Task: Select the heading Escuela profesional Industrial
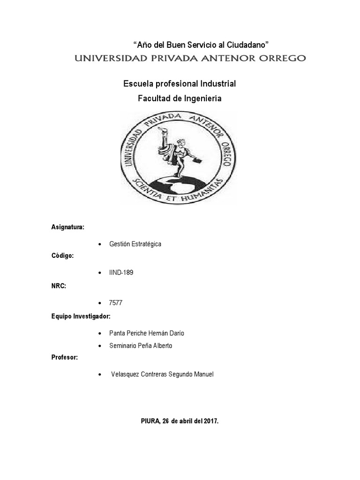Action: coord(180,84)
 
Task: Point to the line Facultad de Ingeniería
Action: coord(180,98)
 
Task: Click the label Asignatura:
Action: coord(67,227)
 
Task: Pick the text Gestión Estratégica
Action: coord(135,245)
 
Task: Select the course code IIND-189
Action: coord(121,273)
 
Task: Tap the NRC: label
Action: coord(58,285)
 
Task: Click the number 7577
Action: coord(116,303)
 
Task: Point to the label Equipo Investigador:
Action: coord(81,316)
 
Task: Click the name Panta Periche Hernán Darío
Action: coord(146,333)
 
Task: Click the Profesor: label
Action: coord(65,358)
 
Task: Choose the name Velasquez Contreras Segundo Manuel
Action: coord(162,375)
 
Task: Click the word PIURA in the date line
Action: coord(150,421)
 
